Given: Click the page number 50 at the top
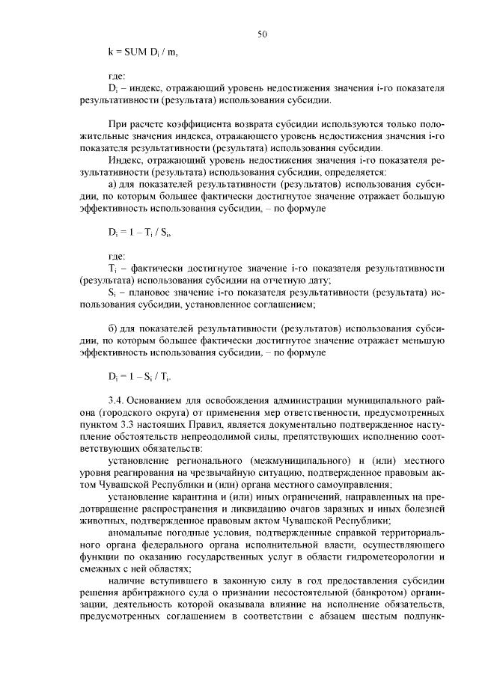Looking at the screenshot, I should tap(262, 34).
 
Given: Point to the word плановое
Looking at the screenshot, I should tap(155, 293).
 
